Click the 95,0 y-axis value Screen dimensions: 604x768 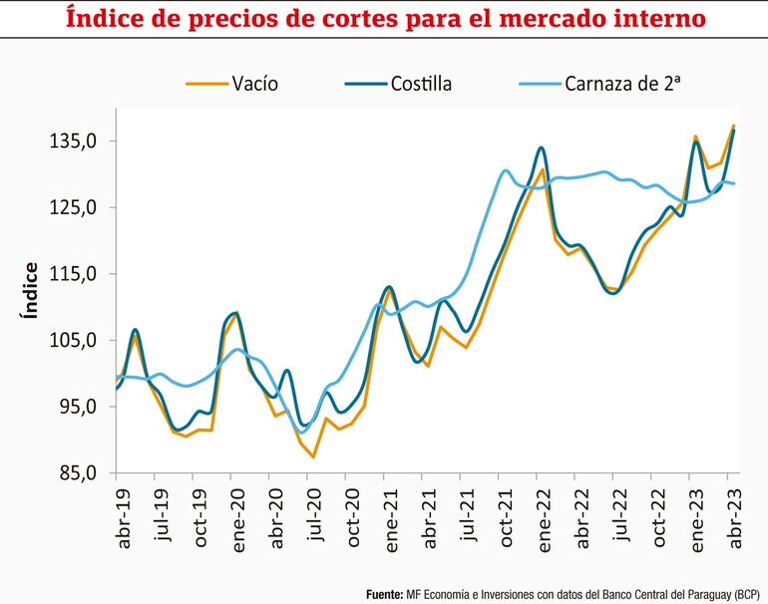click(79, 407)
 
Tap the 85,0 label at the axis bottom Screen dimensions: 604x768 click(79, 473)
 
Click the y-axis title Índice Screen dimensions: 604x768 click(30, 290)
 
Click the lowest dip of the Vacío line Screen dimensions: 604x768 click(314, 457)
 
